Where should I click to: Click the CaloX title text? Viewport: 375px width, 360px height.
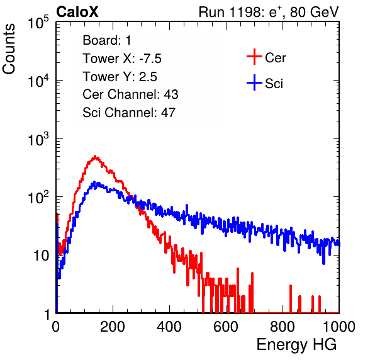[77, 12]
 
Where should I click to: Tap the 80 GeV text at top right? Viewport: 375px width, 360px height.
[314, 12]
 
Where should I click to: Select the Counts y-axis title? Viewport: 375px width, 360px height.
[9, 49]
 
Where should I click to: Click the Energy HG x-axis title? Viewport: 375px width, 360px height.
[296, 345]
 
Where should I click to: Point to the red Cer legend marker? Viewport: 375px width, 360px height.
[254, 57]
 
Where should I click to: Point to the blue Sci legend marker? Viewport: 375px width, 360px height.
[254, 82]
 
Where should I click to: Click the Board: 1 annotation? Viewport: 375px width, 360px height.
[107, 40]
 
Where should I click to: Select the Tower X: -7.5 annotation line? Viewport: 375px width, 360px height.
[122, 59]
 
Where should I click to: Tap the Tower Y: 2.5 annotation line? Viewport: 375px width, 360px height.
[120, 77]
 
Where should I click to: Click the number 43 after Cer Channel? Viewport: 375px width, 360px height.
[171, 94]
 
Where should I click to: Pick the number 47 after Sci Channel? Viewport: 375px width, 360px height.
[168, 113]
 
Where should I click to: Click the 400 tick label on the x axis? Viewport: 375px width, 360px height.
[169, 327]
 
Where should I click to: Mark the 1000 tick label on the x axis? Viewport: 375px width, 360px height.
[339, 327]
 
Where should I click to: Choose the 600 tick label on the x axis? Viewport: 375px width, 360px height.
[226, 327]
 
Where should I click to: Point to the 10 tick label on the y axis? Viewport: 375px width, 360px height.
[42, 256]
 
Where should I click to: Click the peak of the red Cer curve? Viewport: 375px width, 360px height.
[95, 156]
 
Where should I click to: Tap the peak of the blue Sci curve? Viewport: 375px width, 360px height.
[94, 183]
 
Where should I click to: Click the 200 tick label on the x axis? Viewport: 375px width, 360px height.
[113, 327]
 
